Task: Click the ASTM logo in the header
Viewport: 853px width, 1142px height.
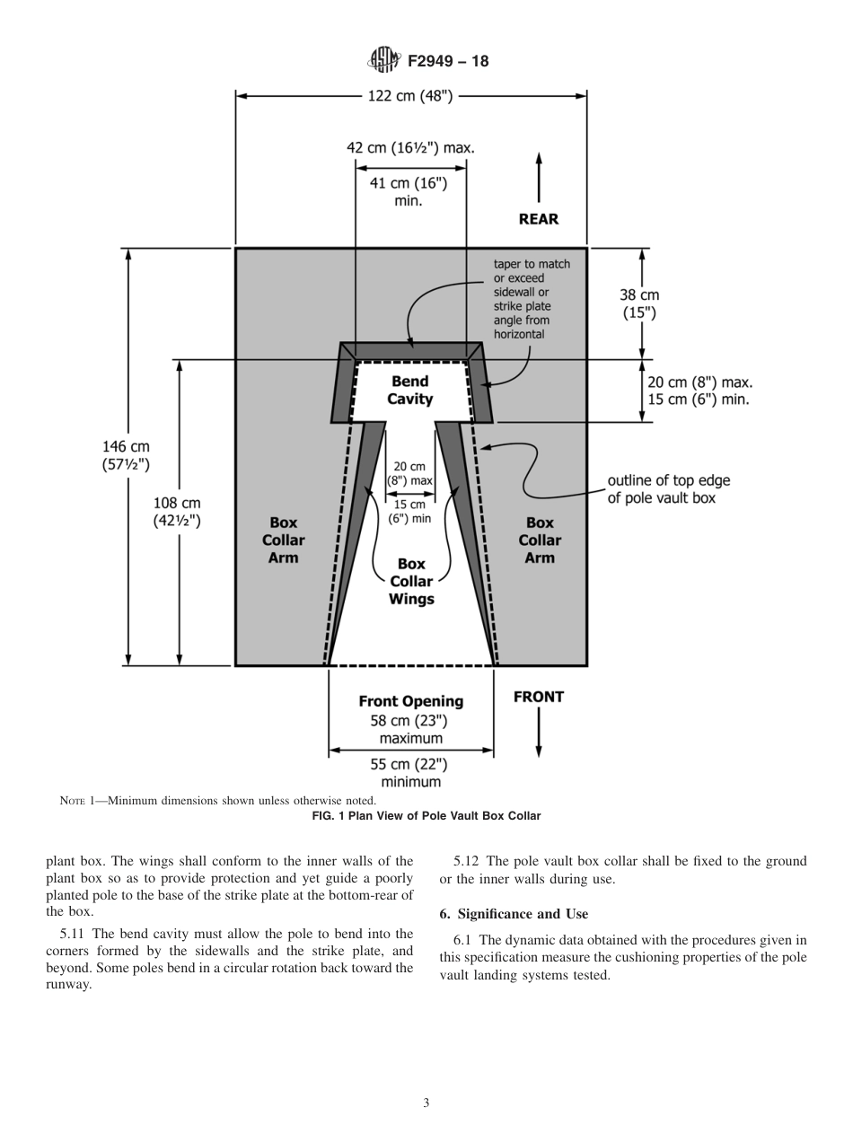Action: [383, 61]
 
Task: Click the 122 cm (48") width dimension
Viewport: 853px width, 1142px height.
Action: [410, 96]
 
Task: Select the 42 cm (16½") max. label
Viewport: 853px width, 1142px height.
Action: [410, 147]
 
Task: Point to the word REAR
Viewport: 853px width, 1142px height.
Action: [538, 219]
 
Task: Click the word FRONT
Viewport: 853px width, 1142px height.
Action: [538, 697]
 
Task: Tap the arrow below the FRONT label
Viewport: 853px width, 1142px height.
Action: [539, 733]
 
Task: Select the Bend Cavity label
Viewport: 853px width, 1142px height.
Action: [409, 391]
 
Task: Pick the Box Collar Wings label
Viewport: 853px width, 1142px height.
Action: [411, 581]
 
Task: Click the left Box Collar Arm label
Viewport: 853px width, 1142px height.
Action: [283, 540]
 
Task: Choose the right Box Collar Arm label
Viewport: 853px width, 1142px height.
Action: [539, 540]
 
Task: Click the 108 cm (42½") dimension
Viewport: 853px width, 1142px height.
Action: [177, 512]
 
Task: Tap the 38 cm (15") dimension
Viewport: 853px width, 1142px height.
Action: [639, 303]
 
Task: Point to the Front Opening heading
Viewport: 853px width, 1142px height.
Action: [410, 701]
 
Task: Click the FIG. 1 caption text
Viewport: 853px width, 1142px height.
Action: [426, 816]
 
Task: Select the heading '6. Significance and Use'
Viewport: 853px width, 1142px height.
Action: [514, 914]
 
